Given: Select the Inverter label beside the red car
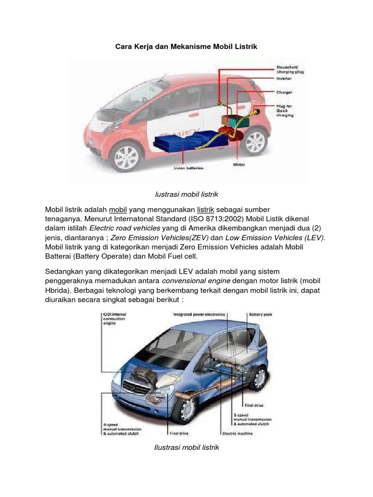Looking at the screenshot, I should (x=284, y=78).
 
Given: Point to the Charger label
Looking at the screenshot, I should (x=284, y=92).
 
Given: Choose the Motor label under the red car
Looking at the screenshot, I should (x=239, y=165).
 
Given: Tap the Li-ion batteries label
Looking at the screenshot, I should (x=189, y=168).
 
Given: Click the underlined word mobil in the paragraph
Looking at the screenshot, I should (x=118, y=209).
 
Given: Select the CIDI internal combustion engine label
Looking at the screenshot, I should (x=115, y=318).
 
